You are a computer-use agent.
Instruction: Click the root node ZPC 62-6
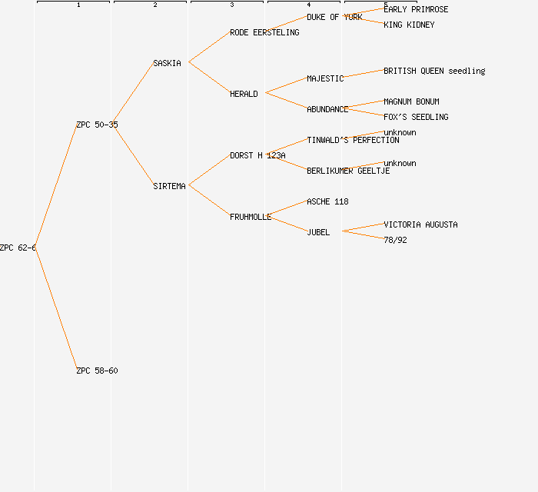click(x=18, y=248)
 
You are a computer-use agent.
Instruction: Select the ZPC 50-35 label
click(x=97, y=125)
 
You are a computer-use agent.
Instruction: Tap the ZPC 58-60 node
click(x=97, y=371)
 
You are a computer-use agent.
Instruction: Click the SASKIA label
click(x=167, y=63)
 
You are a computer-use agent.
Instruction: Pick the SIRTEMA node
click(x=169, y=186)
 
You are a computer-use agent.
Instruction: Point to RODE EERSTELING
click(x=264, y=32)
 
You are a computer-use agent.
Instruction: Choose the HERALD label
click(x=244, y=94)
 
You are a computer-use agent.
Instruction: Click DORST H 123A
click(x=257, y=155)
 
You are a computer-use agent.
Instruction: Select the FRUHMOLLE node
click(x=251, y=217)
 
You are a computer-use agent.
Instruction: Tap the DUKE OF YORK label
click(x=334, y=17)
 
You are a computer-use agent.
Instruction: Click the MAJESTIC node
click(x=325, y=78)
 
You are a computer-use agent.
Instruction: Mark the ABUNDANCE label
click(x=327, y=109)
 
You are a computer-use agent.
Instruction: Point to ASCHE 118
click(x=327, y=201)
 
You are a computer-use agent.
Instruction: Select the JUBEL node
click(x=318, y=232)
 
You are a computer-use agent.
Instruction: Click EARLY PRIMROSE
click(x=416, y=9)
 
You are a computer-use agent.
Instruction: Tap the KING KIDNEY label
click(x=409, y=25)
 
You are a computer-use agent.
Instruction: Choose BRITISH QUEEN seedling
click(x=434, y=71)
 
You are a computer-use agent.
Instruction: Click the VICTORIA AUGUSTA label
click(x=420, y=224)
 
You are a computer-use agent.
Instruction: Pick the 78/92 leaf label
click(x=395, y=240)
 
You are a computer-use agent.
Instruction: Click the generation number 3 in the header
click(x=231, y=5)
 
